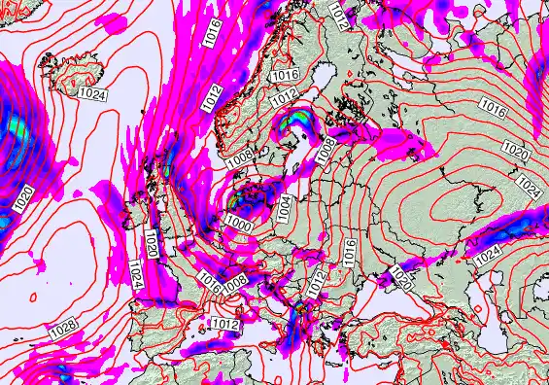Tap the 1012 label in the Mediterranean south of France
225,323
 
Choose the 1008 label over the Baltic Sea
326,148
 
